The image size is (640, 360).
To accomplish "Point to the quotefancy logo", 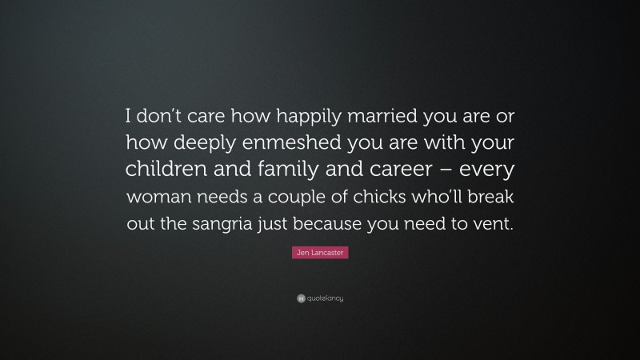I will pyautogui.click(x=320, y=298).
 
